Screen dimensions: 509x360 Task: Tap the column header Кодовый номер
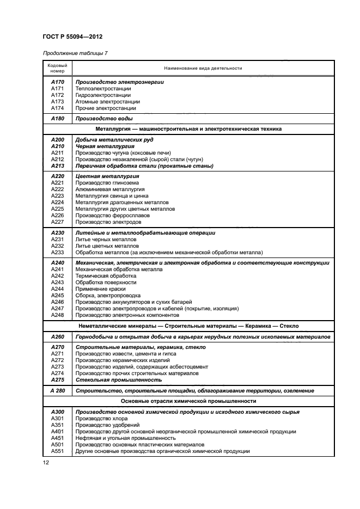point(57,68)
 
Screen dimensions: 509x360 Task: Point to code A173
point(57,101)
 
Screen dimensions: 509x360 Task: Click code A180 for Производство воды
point(57,118)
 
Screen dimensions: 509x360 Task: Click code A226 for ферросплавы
point(57,215)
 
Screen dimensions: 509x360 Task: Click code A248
point(57,315)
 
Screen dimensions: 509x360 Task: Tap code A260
point(57,337)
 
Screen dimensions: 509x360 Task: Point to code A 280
point(57,390)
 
